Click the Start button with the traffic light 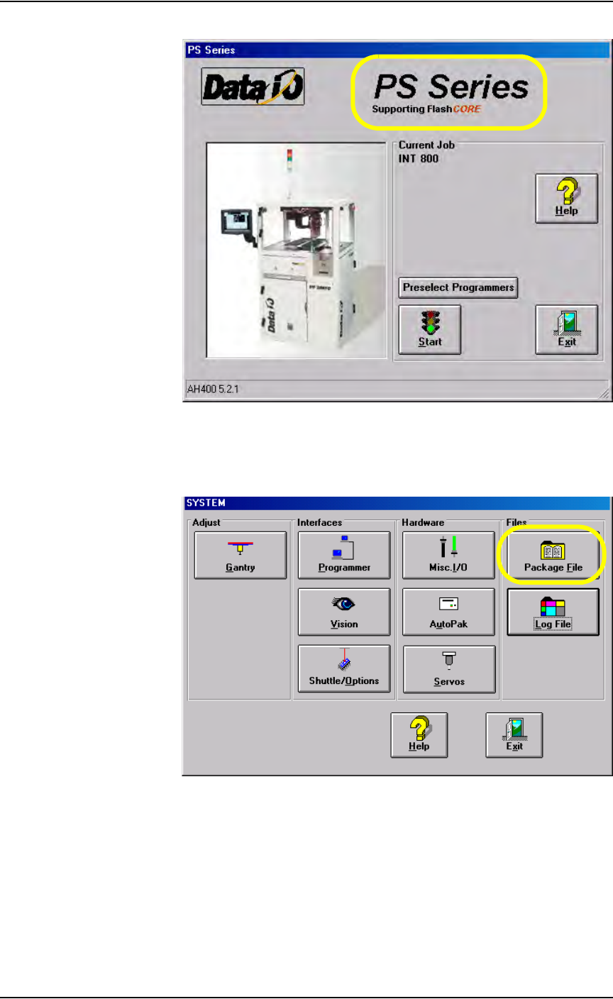pyautogui.click(x=429, y=330)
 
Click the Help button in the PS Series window pyautogui.click(x=566, y=199)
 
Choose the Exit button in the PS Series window pyautogui.click(x=566, y=330)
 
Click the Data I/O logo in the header pyautogui.click(x=253, y=87)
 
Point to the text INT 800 pyautogui.click(x=419, y=159)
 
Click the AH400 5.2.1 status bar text pyautogui.click(x=209, y=389)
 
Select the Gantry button pyautogui.click(x=241, y=556)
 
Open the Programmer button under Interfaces pyautogui.click(x=344, y=556)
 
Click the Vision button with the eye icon pyautogui.click(x=344, y=612)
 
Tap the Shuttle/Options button pyautogui.click(x=344, y=668)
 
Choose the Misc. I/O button pyautogui.click(x=448, y=556)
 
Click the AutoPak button pyautogui.click(x=448, y=612)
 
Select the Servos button pyautogui.click(x=448, y=668)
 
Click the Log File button pyautogui.click(x=553, y=612)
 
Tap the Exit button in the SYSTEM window pyautogui.click(x=514, y=734)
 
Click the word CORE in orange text pyautogui.click(x=466, y=109)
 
